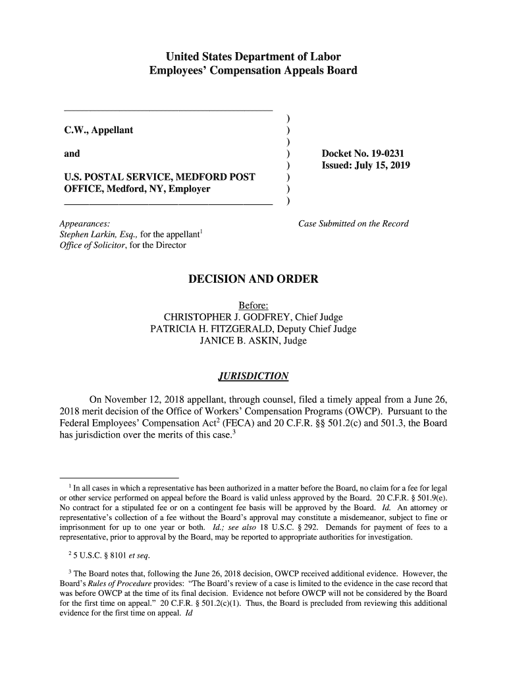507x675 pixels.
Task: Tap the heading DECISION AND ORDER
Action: click(x=254, y=279)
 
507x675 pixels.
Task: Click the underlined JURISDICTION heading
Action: click(x=253, y=376)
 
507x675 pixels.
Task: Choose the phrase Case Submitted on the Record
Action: click(x=354, y=223)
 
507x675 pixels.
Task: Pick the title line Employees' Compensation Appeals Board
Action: click(x=253, y=70)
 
